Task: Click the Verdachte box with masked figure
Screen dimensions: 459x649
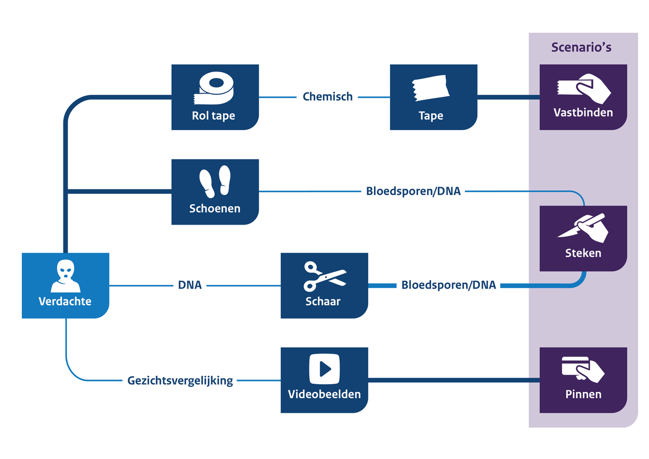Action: click(x=66, y=285)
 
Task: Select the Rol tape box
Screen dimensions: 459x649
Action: click(x=215, y=97)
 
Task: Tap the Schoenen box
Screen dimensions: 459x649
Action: click(x=215, y=192)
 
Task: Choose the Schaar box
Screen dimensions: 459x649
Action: click(x=324, y=285)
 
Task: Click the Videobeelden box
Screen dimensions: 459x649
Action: click(x=324, y=380)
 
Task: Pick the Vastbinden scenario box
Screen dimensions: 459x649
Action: click(x=583, y=97)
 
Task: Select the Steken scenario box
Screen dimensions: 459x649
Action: click(x=583, y=239)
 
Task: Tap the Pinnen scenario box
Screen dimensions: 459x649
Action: click(x=583, y=380)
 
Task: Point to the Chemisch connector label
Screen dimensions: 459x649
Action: click(x=328, y=97)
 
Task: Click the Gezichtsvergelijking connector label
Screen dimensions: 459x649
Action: click(x=180, y=381)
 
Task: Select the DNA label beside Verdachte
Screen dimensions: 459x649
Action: click(x=190, y=285)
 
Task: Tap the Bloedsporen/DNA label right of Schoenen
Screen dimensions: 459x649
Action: click(x=413, y=191)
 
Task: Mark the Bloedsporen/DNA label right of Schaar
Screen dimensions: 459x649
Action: click(x=448, y=285)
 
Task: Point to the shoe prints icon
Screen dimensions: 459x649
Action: click(x=215, y=181)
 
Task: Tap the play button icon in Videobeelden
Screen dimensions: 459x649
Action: click(x=324, y=369)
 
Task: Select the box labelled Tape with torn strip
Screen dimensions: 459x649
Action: click(x=433, y=97)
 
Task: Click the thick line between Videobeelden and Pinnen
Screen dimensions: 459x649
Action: click(x=452, y=381)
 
